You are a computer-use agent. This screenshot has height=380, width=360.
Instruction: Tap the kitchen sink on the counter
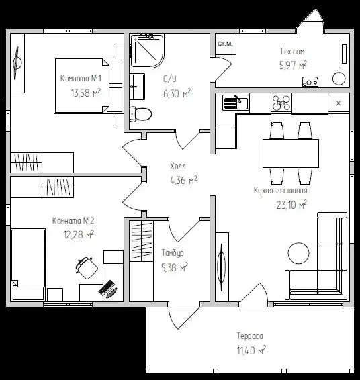tap(236, 103)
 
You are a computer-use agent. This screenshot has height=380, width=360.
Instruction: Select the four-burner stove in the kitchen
tap(281, 103)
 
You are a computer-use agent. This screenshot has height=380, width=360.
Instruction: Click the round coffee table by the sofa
tap(299, 253)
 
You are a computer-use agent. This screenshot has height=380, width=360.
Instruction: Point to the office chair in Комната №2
tap(86, 267)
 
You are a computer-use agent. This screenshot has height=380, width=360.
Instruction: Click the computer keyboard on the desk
tap(106, 287)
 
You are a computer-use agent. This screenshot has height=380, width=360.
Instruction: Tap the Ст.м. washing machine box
tap(225, 44)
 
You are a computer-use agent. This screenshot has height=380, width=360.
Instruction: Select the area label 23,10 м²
tap(291, 205)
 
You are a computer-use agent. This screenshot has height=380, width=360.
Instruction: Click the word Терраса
tap(250, 336)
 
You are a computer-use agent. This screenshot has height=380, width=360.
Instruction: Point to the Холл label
tap(178, 167)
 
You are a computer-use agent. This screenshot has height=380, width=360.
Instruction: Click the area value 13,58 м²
tap(86, 93)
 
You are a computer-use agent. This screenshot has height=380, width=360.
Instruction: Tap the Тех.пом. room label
tap(293, 52)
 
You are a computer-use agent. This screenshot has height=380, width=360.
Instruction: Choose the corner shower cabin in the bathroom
tap(147, 50)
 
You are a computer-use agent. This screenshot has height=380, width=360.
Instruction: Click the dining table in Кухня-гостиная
tap(291, 153)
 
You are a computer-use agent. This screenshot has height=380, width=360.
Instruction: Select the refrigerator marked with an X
tap(339, 103)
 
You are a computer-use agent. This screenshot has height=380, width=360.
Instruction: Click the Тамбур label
tap(173, 252)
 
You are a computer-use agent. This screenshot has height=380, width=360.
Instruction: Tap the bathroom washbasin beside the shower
tap(138, 87)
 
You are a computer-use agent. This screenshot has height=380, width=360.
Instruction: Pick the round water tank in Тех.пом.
tap(339, 79)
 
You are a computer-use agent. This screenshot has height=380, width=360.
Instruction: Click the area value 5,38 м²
tap(175, 267)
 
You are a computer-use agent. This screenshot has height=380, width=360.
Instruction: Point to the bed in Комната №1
tap(82, 85)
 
